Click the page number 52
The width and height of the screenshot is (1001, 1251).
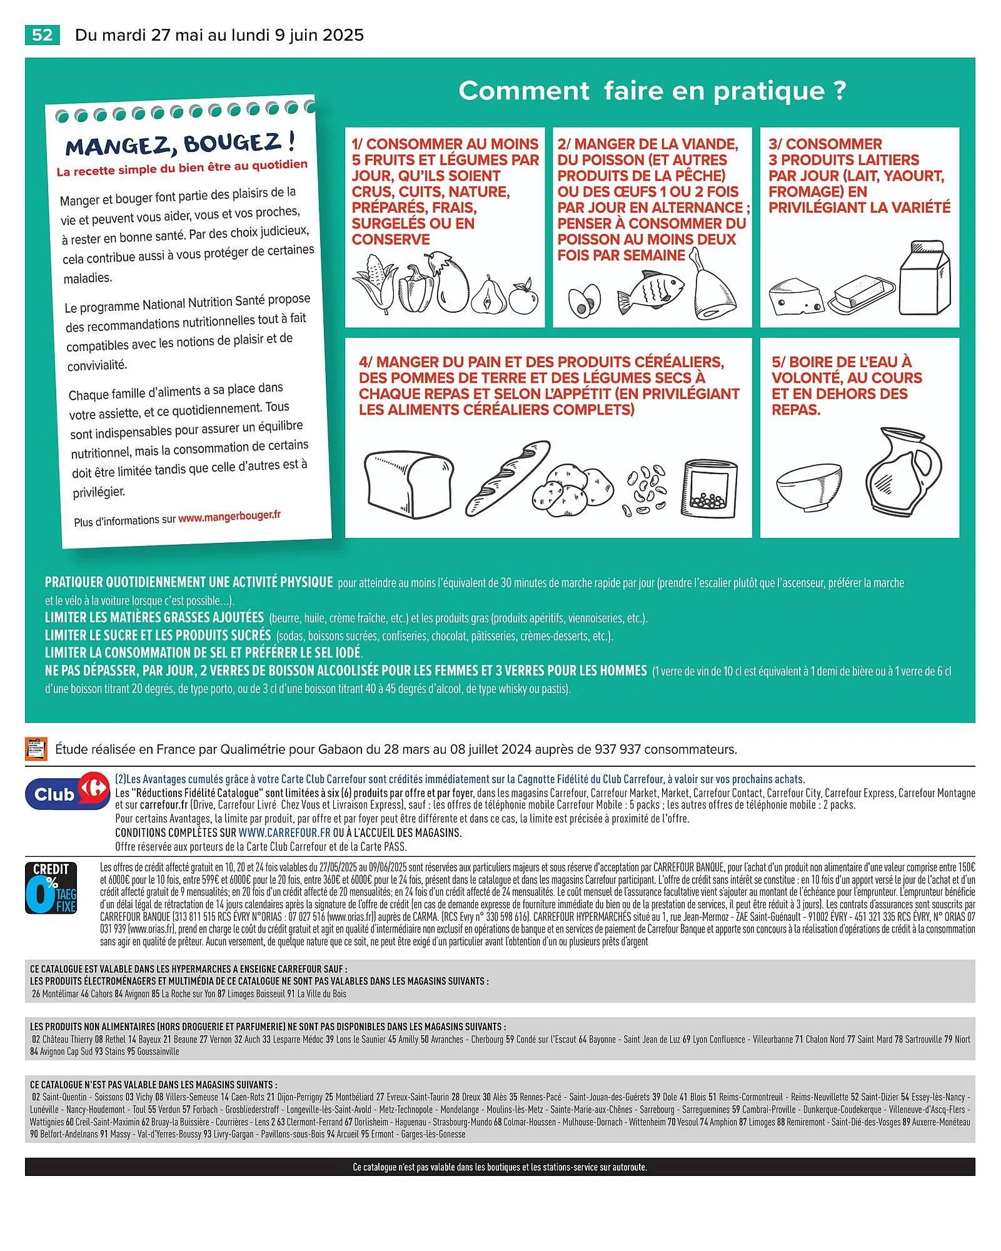[42, 35]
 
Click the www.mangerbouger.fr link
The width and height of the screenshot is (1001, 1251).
[229, 517]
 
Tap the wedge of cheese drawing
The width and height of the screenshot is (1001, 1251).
[794, 298]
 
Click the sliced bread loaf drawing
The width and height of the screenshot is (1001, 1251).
[408, 485]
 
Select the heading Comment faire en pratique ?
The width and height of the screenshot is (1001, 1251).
[652, 91]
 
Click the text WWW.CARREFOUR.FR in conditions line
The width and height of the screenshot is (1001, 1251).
[284, 833]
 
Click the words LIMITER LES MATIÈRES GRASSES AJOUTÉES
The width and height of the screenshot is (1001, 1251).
[154, 617]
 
